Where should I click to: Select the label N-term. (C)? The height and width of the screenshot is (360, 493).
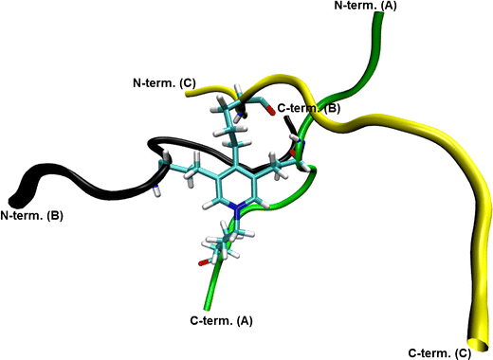(164, 83)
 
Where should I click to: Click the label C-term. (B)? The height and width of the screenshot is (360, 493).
(308, 109)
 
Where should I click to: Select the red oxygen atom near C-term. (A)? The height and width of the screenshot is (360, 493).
(201, 261)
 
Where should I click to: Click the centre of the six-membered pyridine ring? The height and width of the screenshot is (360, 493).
(235, 194)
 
